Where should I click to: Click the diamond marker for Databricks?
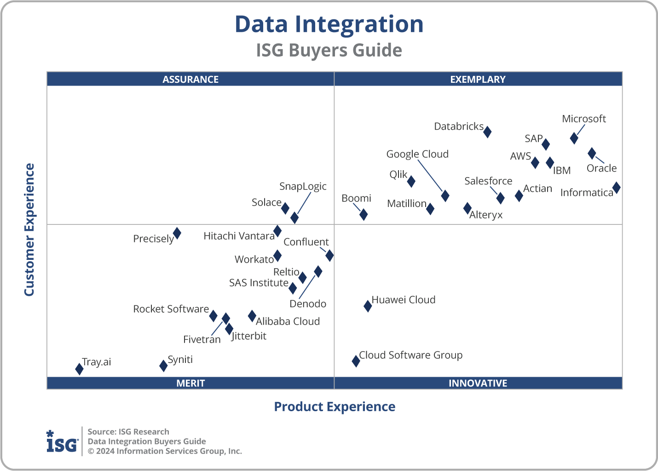[x=487, y=132]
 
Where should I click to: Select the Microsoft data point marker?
[x=574, y=138]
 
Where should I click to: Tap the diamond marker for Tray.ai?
[x=79, y=369]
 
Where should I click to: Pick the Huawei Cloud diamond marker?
[x=368, y=306]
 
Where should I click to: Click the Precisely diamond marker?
[x=177, y=233]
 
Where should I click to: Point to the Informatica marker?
[x=616, y=188]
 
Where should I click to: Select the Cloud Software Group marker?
[x=356, y=361]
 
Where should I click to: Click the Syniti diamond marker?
[x=163, y=366]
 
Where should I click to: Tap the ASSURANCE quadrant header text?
[x=190, y=79]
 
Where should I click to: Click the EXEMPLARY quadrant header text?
[x=478, y=79]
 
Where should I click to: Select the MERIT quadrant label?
[x=190, y=383]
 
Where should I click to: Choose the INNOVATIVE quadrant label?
[x=478, y=383]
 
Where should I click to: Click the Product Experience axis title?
[x=335, y=407]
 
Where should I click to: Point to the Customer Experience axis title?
[x=29, y=230]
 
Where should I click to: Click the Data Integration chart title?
[x=329, y=24]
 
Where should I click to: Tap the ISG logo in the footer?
[x=62, y=442]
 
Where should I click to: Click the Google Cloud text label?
[x=417, y=154]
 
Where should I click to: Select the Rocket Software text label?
[x=171, y=309]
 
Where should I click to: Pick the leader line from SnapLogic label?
[x=304, y=203]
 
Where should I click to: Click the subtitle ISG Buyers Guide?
[x=329, y=50]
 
